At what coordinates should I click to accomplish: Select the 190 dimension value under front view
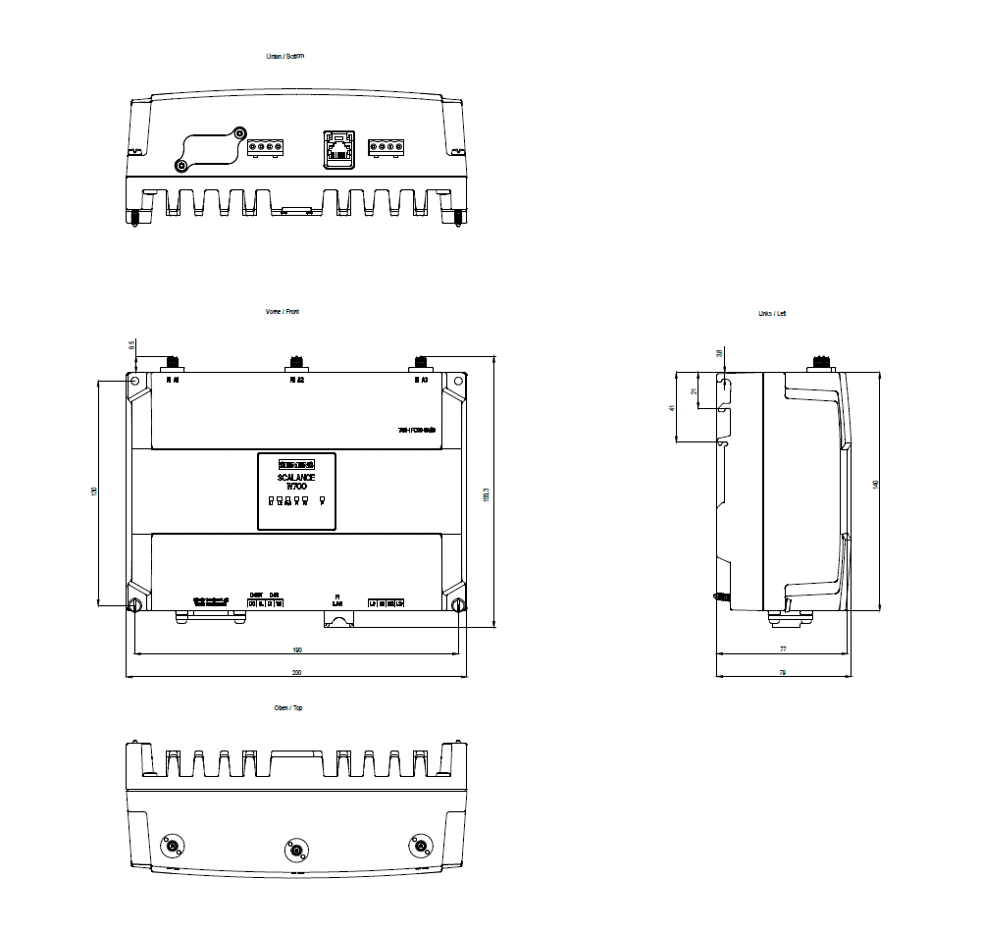coord(296,649)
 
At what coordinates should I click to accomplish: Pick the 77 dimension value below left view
coord(782,649)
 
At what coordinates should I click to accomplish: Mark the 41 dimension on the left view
coord(673,407)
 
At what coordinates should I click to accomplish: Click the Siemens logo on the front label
coord(296,463)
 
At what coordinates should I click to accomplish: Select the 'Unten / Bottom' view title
coord(285,56)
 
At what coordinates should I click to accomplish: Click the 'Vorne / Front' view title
coord(284,311)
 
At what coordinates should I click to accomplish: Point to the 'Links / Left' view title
coord(772,313)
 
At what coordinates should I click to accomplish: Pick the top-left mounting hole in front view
coord(135,381)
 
